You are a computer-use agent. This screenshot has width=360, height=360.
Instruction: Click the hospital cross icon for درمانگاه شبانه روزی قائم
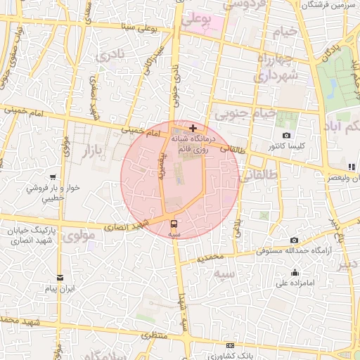[x=193, y=129]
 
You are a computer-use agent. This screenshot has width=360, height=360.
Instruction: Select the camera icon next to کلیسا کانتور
[x=286, y=135]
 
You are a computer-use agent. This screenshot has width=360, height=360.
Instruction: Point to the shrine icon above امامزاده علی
[x=295, y=273]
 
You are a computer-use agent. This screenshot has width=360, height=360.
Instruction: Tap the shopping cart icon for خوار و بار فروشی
[x=53, y=177]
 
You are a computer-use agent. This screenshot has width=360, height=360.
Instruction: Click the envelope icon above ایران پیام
[x=60, y=278]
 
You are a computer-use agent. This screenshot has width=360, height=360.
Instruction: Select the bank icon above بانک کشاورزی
[x=231, y=345]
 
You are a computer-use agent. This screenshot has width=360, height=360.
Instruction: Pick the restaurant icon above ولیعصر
[x=352, y=167]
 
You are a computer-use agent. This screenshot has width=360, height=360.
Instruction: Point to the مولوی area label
[x=79, y=236]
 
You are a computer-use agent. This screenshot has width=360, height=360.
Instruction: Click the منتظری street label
[x=155, y=335]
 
